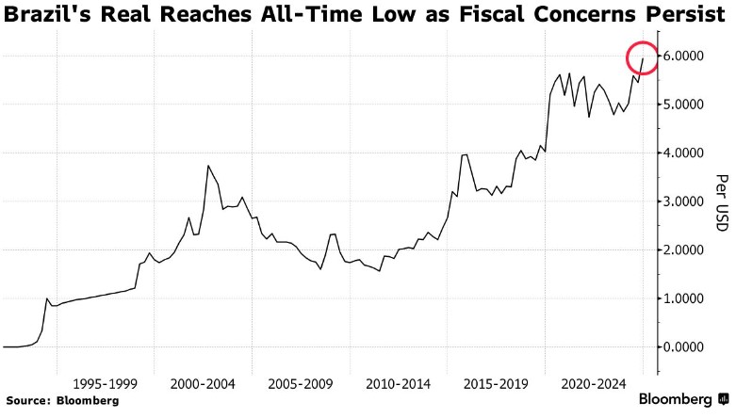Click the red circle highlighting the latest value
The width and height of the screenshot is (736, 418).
tap(643, 59)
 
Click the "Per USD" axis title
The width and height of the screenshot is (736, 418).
tap(721, 202)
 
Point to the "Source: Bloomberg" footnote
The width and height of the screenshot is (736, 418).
tap(61, 400)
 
